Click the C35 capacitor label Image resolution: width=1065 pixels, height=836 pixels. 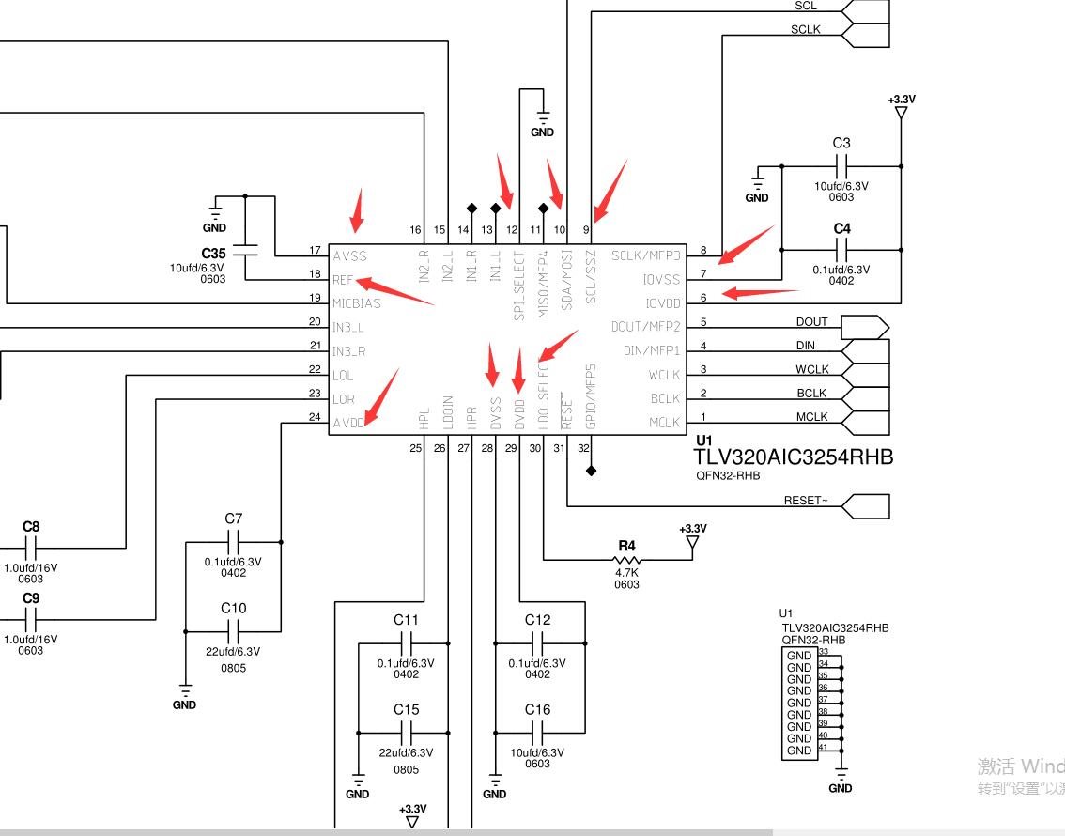[x=214, y=254]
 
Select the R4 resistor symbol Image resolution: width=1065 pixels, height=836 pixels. [x=627, y=561]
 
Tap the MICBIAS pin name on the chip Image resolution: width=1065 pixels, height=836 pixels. [x=357, y=303]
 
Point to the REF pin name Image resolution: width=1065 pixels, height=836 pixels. [x=343, y=279]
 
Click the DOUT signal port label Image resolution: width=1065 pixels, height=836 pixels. [x=811, y=322]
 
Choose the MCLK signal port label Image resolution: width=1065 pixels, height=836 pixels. [x=811, y=417]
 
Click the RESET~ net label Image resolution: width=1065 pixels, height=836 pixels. [x=806, y=501]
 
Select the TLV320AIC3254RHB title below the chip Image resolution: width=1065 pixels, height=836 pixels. [x=794, y=457]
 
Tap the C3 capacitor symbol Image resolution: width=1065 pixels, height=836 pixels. [x=841, y=166]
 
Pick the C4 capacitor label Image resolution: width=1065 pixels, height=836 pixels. [x=841, y=228]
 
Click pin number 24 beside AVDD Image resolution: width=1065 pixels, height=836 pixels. [x=315, y=417]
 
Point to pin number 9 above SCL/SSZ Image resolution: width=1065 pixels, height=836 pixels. [x=587, y=229]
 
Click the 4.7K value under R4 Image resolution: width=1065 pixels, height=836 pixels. [x=627, y=572]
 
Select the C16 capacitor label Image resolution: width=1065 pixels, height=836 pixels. [x=537, y=709]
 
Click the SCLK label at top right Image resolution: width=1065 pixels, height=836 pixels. [x=805, y=29]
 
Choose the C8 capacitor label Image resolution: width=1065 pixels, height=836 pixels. [x=31, y=527]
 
